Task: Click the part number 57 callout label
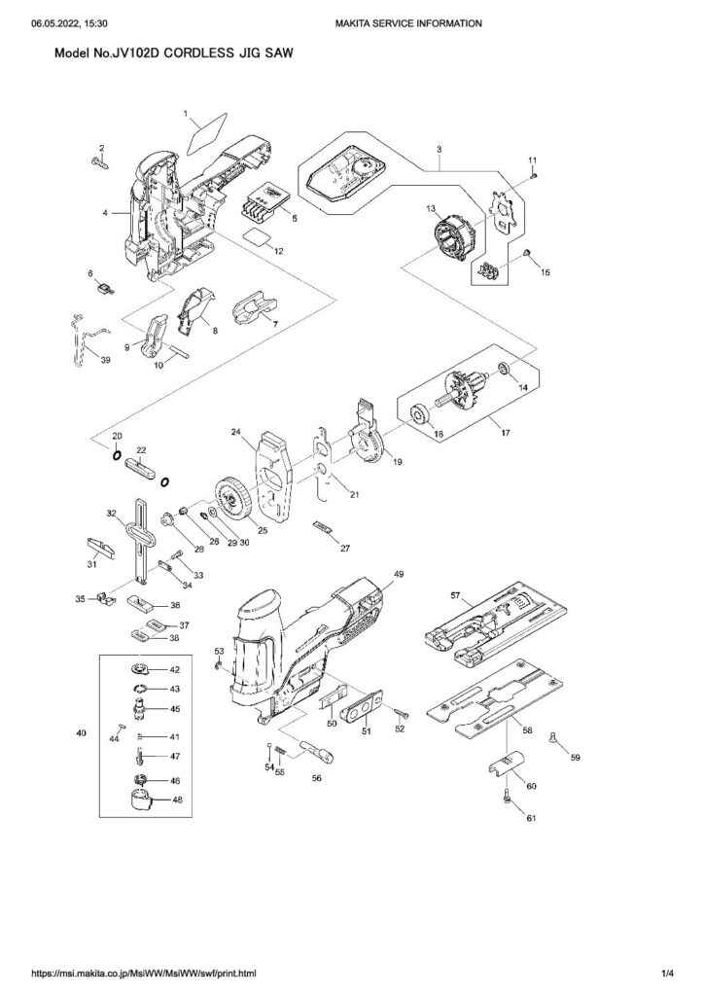tap(454, 595)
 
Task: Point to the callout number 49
tap(399, 574)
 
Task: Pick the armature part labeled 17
tap(467, 389)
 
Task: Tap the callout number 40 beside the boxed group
tap(81, 733)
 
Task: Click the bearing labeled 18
tap(421, 416)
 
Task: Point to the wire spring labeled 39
tap(85, 338)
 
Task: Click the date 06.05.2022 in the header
tap(55, 23)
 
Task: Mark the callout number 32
tap(112, 513)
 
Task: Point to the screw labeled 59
tap(553, 737)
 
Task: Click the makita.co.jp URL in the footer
tap(144, 973)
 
